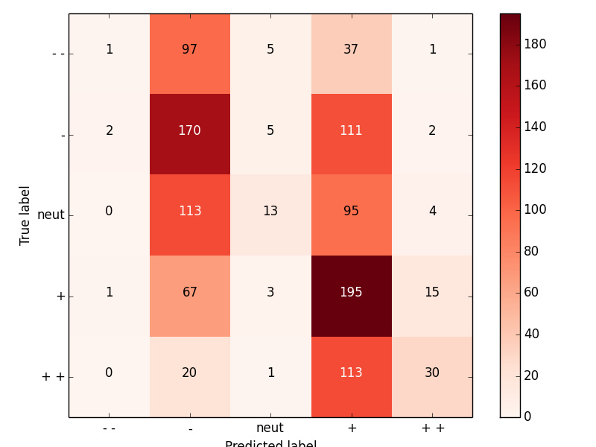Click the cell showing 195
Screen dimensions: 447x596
click(351, 292)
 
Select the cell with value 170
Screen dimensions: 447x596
click(190, 130)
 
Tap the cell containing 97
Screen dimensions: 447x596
click(190, 50)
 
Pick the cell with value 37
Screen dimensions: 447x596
click(351, 50)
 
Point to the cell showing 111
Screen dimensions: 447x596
click(351, 130)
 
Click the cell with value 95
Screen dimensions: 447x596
click(351, 212)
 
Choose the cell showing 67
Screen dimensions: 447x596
click(190, 292)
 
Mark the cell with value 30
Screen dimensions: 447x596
click(432, 372)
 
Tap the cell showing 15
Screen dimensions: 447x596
click(432, 292)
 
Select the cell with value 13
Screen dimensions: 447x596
click(270, 212)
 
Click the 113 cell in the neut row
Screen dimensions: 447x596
click(190, 212)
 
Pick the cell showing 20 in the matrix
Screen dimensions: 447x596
click(190, 372)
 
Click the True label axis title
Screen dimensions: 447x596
click(25, 215)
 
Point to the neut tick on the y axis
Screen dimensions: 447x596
click(51, 215)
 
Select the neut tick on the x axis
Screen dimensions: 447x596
click(270, 428)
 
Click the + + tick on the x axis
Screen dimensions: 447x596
click(432, 428)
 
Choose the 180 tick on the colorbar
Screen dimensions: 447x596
click(535, 44)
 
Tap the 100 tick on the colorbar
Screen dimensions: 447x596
click(535, 209)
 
